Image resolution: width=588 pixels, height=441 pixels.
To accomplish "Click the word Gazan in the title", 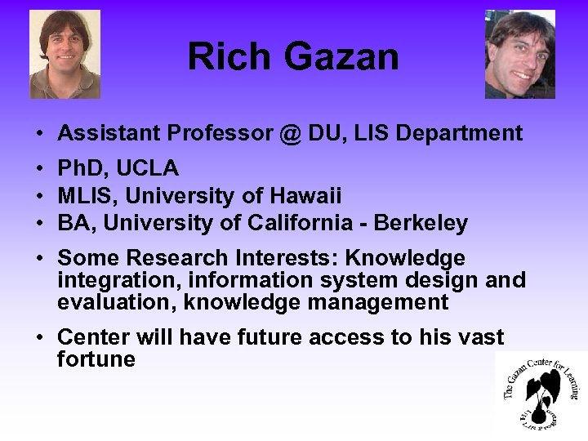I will [x=343, y=57].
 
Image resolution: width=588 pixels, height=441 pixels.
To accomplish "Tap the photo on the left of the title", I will [x=65, y=54].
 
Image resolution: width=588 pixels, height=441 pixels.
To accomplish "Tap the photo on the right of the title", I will [x=520, y=54].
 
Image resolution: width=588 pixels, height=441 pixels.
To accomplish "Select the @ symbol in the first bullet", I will [x=298, y=133].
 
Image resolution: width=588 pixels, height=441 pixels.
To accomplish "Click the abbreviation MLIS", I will [x=83, y=196].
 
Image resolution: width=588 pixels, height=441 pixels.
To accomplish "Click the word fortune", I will [x=96, y=359].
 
